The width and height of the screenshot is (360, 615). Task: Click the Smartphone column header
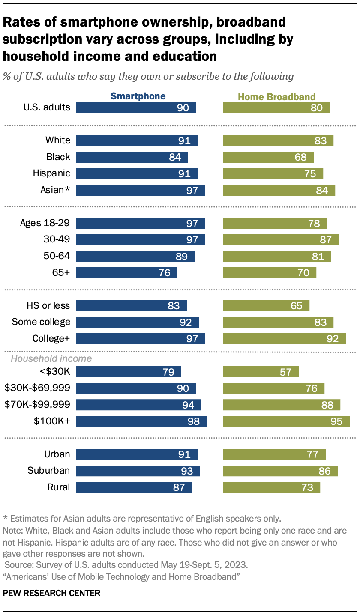click(x=138, y=96)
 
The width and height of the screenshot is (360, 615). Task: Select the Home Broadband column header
click(x=276, y=96)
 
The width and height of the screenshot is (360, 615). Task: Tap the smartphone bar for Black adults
click(x=132, y=157)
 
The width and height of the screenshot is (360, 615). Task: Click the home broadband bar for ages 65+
click(x=269, y=273)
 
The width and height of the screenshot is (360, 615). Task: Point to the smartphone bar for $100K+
click(x=141, y=421)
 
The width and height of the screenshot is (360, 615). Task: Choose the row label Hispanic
click(x=51, y=173)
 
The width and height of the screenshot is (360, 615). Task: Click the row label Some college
click(x=41, y=322)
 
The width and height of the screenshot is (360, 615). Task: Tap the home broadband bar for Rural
click(x=271, y=487)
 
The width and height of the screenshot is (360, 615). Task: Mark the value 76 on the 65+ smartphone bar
click(x=165, y=273)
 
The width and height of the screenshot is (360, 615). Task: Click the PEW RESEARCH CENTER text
click(x=51, y=593)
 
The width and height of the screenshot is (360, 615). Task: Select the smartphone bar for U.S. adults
click(x=135, y=107)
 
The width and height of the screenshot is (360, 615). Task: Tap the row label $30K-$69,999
click(x=37, y=388)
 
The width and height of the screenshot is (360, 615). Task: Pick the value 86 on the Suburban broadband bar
click(x=324, y=471)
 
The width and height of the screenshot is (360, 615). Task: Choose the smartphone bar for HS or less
click(x=131, y=306)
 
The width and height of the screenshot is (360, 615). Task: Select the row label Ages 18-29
click(x=45, y=223)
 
